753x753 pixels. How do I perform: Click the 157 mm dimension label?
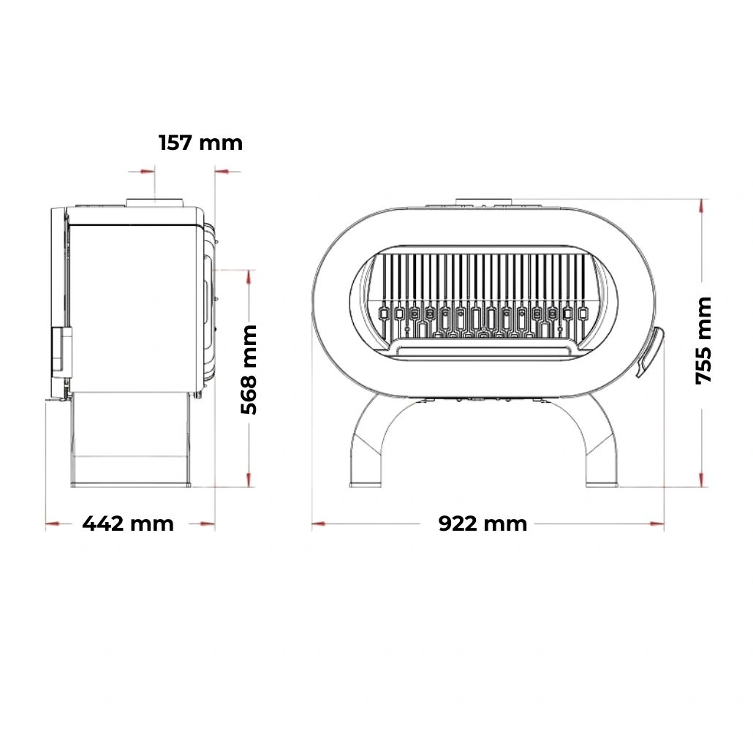pos(200,143)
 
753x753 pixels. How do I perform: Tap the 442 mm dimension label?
pos(128,523)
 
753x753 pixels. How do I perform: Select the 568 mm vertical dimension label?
pos(249,369)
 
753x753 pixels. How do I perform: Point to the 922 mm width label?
pos(483,523)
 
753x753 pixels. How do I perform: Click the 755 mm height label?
pos(703,341)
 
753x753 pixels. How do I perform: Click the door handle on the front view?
pos(649,352)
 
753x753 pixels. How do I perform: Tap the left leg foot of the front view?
pos(365,484)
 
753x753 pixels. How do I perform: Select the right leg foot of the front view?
pos(602,484)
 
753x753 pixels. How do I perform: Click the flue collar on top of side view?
pos(155,203)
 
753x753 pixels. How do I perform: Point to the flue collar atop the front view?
pos(485,202)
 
